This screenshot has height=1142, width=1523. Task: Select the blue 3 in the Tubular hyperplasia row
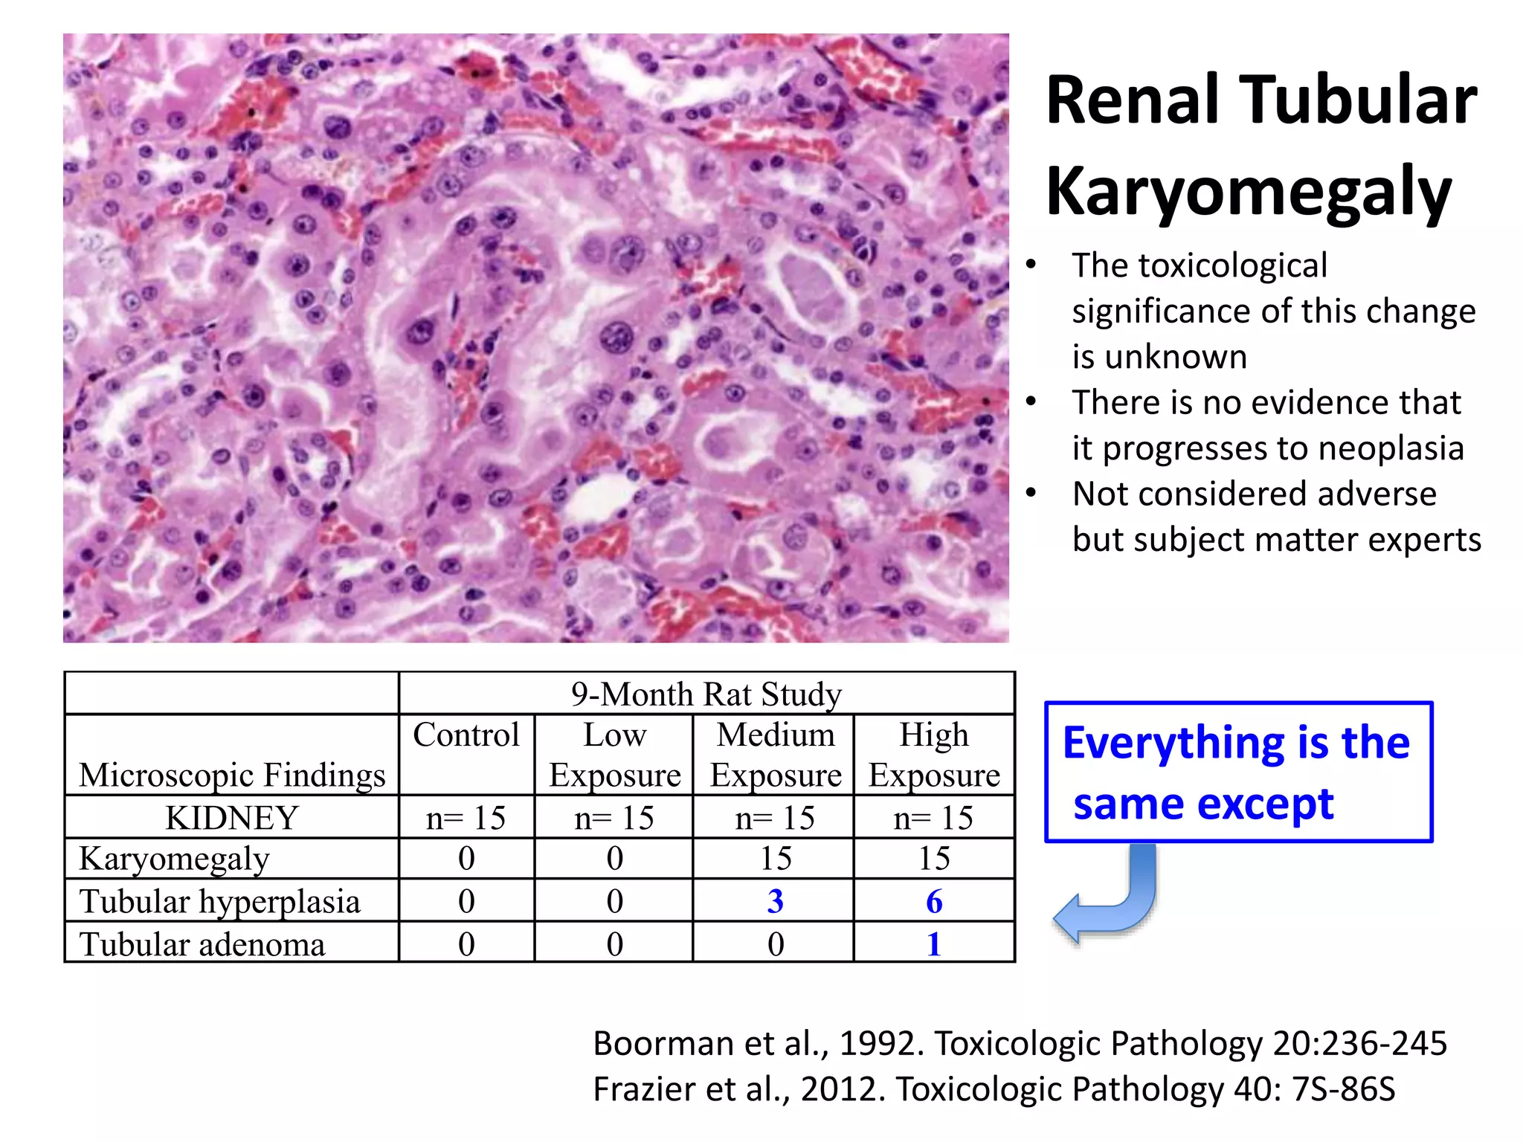pos(775,901)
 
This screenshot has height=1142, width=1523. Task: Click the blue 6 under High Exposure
pos(934,901)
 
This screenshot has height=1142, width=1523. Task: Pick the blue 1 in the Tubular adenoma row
pos(934,944)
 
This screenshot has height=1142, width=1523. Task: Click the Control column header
pos(466,735)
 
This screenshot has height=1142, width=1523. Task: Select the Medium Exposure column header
pos(775,755)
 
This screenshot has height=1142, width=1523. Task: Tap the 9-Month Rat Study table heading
pos(706,694)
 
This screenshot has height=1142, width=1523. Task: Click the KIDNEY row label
pos(231,818)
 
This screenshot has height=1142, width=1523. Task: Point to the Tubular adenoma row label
pos(202,944)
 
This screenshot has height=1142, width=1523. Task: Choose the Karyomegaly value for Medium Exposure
pos(775,859)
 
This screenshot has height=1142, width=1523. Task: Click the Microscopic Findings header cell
pos(232,775)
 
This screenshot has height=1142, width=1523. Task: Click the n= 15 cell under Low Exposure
pos(614,818)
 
